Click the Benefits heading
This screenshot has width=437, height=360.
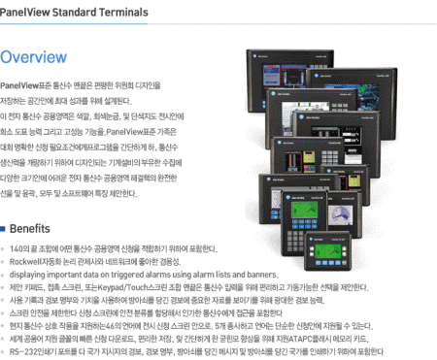[x=36, y=229]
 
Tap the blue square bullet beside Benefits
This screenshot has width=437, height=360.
[x=6, y=230]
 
